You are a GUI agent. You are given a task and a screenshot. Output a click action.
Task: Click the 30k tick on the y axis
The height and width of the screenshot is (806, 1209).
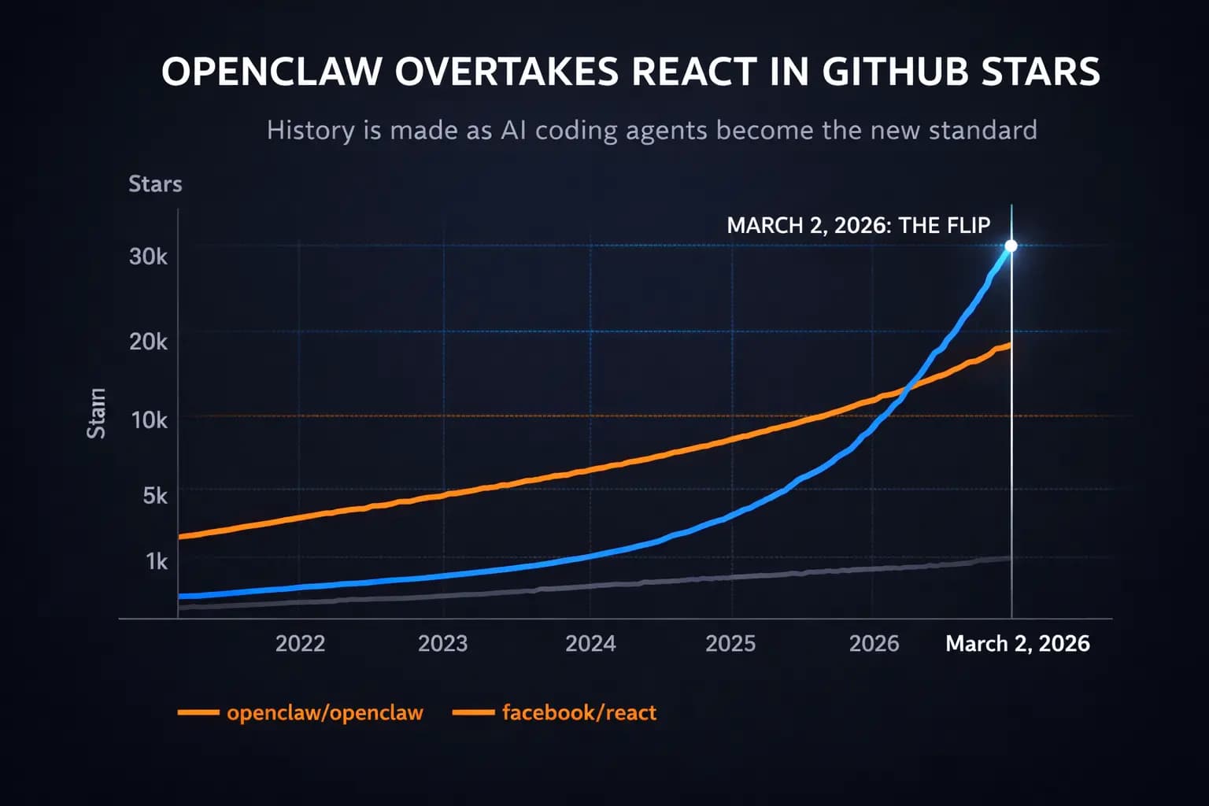point(148,257)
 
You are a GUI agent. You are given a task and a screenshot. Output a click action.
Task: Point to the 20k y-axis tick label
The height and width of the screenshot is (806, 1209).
point(148,342)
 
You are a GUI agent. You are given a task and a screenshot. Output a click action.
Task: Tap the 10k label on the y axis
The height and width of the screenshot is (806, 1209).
point(149,420)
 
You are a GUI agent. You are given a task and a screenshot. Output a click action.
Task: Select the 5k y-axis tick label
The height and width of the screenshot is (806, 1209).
point(154,495)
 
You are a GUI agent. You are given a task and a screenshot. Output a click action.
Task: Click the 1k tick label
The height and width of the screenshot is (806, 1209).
point(156,561)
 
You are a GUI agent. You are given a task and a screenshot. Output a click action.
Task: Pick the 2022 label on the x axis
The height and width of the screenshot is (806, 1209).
point(300,644)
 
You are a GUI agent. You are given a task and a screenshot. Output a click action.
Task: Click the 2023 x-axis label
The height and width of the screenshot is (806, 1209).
point(442,644)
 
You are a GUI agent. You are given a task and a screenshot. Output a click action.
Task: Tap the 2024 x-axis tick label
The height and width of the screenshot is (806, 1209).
point(590,644)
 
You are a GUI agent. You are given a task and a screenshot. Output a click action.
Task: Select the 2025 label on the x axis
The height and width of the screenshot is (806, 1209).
point(730,644)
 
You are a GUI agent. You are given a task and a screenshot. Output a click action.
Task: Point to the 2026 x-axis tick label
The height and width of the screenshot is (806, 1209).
point(874,644)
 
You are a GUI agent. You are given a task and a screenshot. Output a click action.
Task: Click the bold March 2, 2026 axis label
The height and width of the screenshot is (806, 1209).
point(1017,644)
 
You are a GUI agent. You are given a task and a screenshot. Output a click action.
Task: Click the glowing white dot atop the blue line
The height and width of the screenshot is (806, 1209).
point(1011,246)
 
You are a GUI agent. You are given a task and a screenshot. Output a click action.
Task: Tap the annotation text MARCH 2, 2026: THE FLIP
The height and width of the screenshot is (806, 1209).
point(858,226)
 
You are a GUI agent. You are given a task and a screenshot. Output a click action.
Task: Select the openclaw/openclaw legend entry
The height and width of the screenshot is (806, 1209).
point(324,712)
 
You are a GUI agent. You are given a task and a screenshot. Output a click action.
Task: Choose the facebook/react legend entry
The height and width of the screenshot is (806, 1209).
point(579,712)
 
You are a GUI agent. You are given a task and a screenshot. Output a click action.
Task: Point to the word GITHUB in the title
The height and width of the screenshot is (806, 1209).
point(896,72)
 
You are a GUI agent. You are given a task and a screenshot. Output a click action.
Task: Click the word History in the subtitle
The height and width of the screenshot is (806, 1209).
point(311,130)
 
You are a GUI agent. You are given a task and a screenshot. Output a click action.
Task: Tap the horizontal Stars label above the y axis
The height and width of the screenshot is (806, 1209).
point(155,184)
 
